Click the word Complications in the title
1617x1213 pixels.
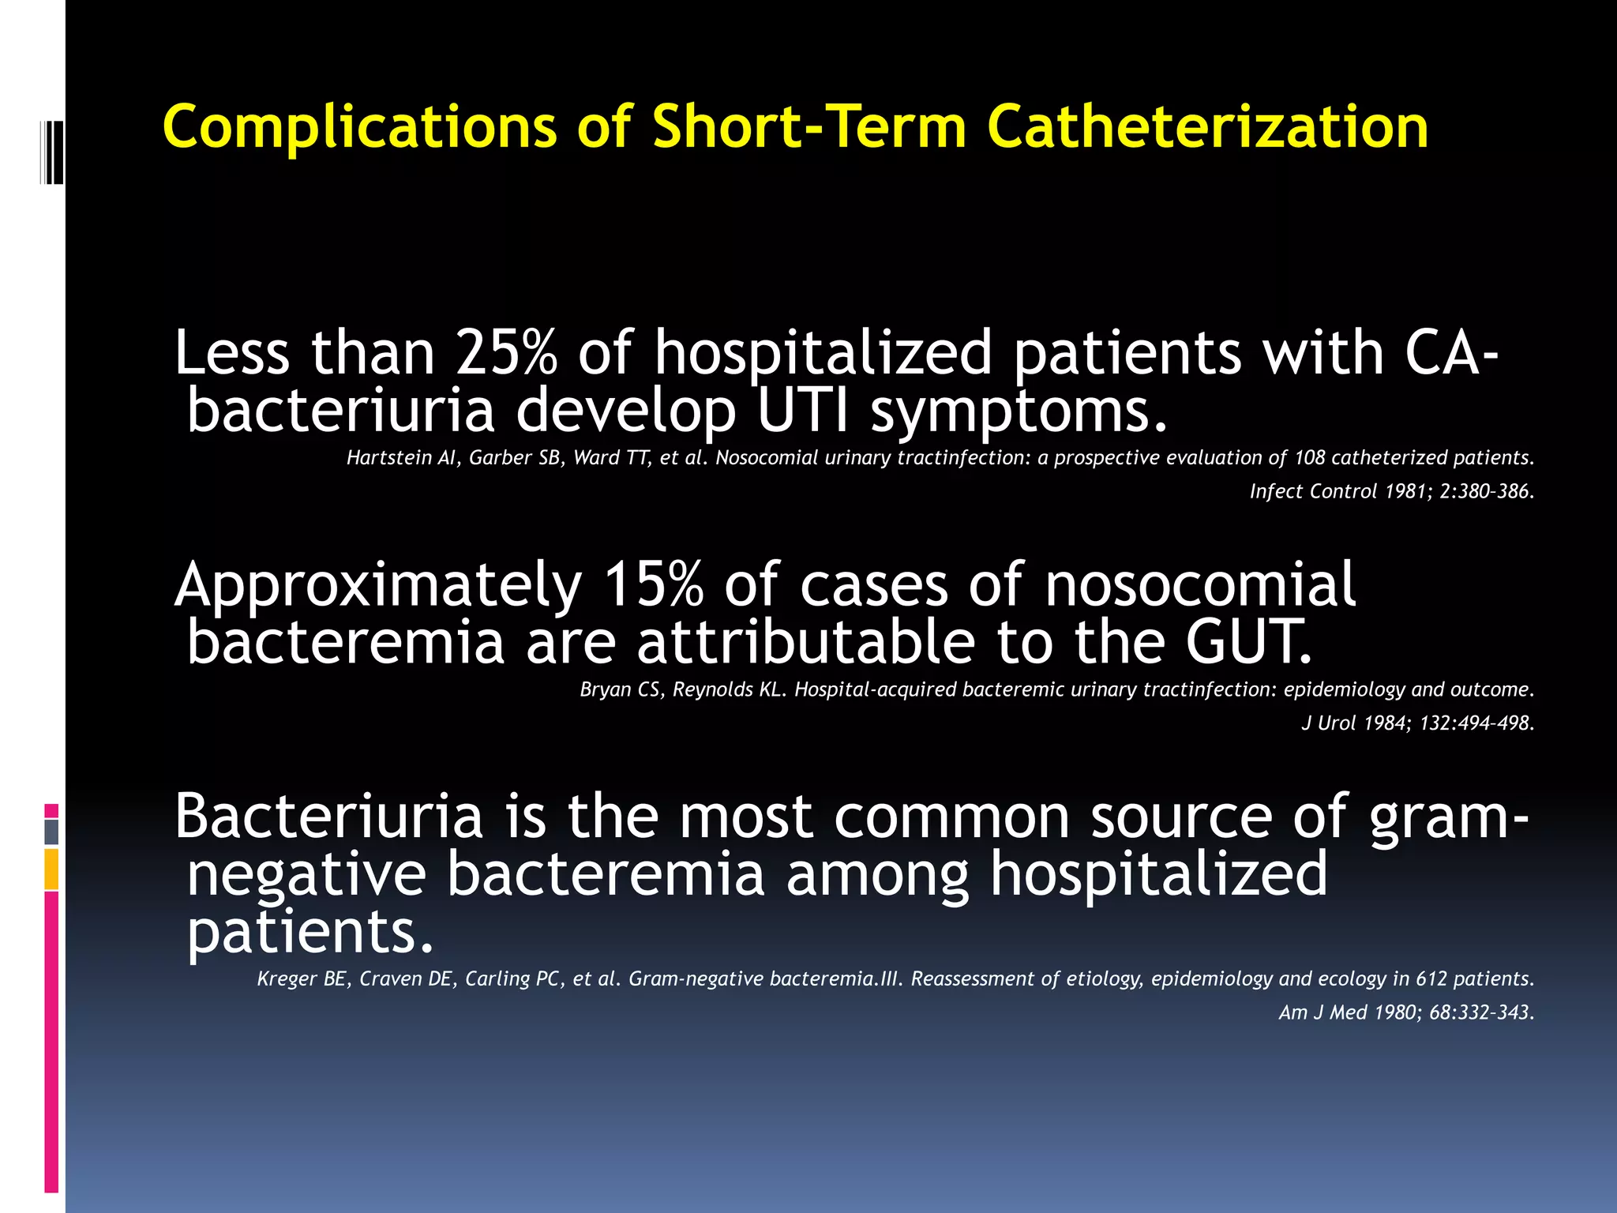[x=359, y=127]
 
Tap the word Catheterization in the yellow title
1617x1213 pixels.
[x=1207, y=127]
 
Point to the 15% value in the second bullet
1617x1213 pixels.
[x=653, y=584]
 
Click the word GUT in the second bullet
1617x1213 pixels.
[x=1247, y=641]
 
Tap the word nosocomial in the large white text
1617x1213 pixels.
[x=1200, y=584]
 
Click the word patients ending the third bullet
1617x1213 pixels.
[x=310, y=932]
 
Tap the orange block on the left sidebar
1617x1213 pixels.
[x=51, y=869]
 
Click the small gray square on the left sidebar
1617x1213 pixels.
[x=51, y=832]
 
